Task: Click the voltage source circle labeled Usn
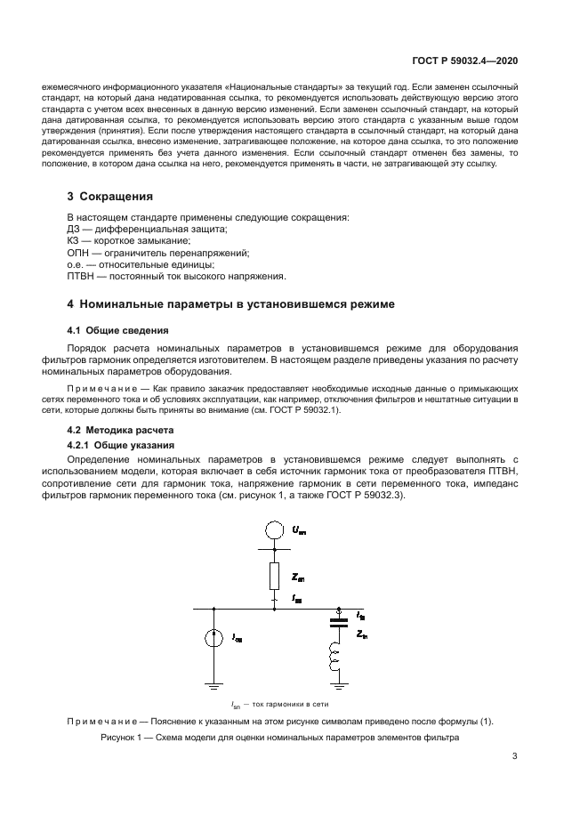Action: coord(275,532)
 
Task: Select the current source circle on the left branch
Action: coord(213,638)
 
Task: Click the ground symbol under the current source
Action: coord(213,686)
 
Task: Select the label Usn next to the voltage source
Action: coord(298,530)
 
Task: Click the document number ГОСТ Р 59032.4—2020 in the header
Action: coord(464,61)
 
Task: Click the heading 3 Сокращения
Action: coord(110,196)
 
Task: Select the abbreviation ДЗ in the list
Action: coord(75,229)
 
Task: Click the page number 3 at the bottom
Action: coord(515,756)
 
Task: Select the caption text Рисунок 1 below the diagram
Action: coord(125,738)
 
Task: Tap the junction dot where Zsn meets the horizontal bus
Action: coord(275,609)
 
